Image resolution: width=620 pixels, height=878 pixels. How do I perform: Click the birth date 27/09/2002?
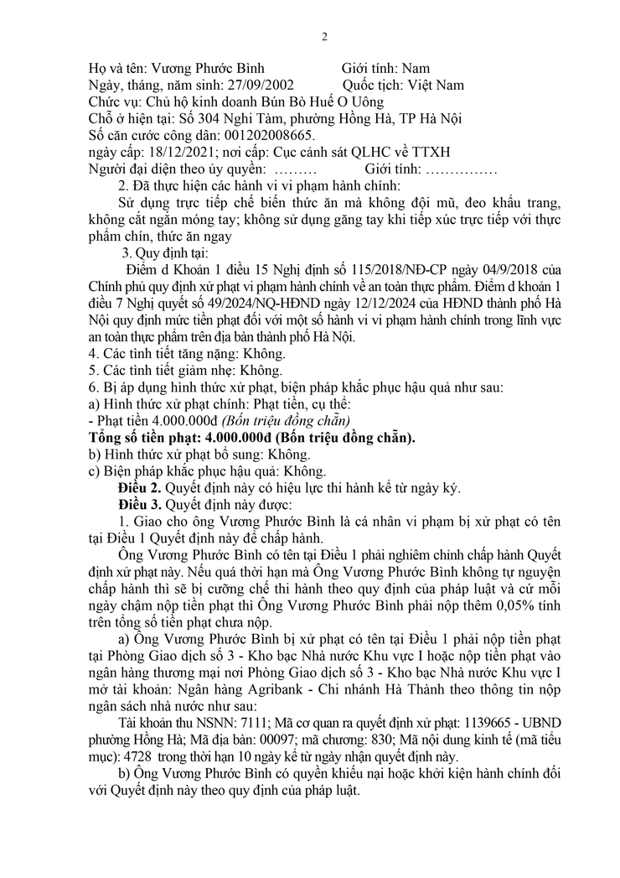[x=259, y=86]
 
